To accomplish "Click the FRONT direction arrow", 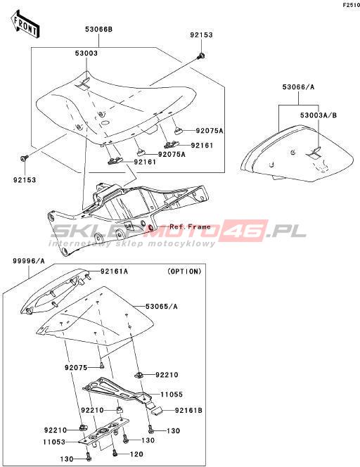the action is (25, 25).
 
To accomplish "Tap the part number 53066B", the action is (99, 30).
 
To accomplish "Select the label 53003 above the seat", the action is (86, 53).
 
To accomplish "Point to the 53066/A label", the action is (298, 87).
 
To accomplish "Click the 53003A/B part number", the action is (319, 115).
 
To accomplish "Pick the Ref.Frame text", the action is (190, 227).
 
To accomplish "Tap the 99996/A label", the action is (29, 261).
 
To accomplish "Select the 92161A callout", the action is (114, 271).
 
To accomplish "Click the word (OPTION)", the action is (184, 271).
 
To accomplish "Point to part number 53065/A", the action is (162, 306).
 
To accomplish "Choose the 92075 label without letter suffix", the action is (76, 368).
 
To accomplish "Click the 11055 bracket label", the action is (172, 395).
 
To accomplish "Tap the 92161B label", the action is (188, 411).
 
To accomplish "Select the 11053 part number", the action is (54, 442).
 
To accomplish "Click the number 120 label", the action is (136, 454).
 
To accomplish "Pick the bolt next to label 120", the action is (115, 453).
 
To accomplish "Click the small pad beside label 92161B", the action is (156, 411).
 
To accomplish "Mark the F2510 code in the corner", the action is (352, 5).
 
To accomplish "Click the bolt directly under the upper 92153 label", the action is (202, 56).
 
